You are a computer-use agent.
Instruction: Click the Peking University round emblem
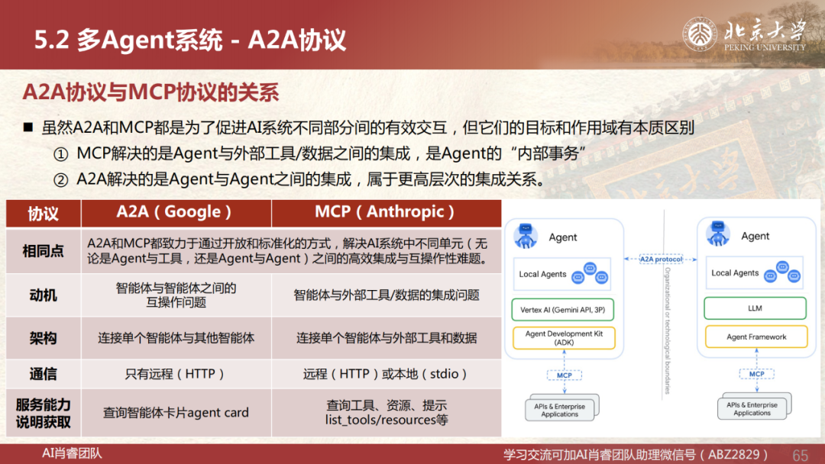[700, 34]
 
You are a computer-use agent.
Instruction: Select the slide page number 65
[800, 455]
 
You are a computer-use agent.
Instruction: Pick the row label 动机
[43, 295]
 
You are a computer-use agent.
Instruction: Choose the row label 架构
[43, 338]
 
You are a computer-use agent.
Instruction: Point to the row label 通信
[43, 374]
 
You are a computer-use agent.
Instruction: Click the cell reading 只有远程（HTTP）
[176, 374]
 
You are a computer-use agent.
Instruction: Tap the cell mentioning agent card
[176, 413]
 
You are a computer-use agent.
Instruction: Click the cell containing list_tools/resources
[387, 413]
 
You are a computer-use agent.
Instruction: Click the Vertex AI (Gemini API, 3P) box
[563, 310]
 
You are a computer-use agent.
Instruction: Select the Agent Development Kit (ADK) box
[564, 338]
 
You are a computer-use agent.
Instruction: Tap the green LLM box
[755, 308]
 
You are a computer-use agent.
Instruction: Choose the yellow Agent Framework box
[756, 337]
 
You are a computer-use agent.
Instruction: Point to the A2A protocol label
[661, 259]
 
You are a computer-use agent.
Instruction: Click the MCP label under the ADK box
[564, 375]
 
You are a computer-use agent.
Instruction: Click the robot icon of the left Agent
[526, 236]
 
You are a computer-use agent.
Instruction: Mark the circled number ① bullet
[61, 154]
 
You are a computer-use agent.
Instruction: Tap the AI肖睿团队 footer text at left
[72, 453]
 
